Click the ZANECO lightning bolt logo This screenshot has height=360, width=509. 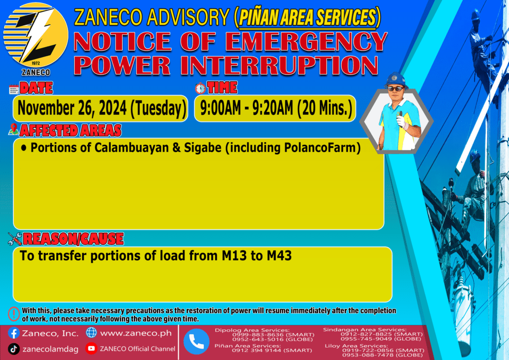[x=36, y=35]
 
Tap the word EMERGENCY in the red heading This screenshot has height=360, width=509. [x=306, y=42]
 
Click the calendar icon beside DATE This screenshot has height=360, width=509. [x=13, y=89]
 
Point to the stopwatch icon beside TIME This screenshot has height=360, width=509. [x=200, y=89]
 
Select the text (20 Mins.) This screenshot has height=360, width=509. [x=325, y=108]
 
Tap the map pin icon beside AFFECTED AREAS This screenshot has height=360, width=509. [x=13, y=129]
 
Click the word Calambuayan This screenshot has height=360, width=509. [x=131, y=148]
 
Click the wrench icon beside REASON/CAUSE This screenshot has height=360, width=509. [x=14, y=239]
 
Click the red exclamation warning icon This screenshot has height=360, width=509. [x=13, y=314]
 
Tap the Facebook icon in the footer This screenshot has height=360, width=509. [x=13, y=333]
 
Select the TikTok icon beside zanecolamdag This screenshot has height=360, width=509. [x=13, y=349]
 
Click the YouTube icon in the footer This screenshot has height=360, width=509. [x=91, y=348]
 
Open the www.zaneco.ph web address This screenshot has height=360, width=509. [x=136, y=333]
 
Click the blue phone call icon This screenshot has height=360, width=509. [x=196, y=342]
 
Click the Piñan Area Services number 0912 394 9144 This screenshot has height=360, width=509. [x=256, y=350]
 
